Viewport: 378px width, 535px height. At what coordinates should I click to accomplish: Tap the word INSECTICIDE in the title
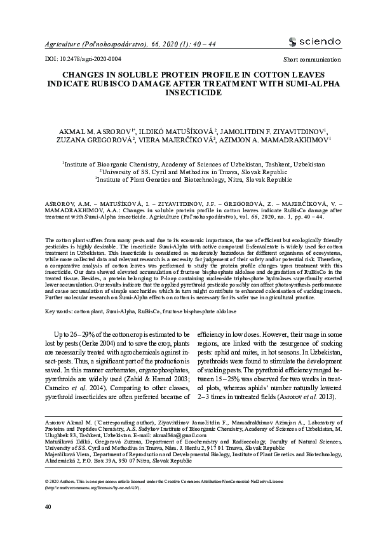[189, 92]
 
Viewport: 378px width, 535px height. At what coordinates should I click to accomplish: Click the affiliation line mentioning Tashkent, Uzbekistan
[194, 164]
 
